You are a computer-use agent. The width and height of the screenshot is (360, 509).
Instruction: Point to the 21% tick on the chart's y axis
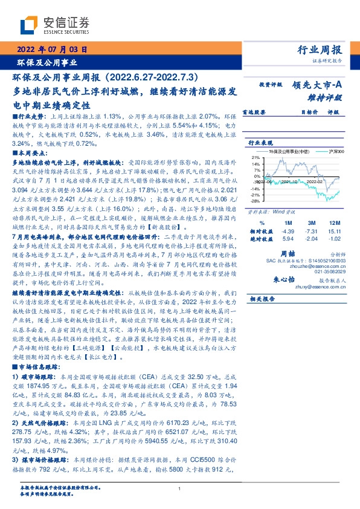click(256, 157)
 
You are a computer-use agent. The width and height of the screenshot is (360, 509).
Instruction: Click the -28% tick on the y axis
click(256, 201)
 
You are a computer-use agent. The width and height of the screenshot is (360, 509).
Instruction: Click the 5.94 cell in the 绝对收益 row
click(287, 239)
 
